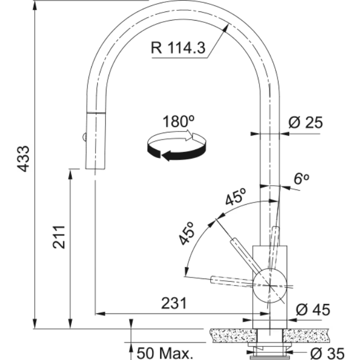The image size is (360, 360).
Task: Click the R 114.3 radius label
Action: tap(178, 48)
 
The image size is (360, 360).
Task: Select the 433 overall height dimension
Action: tap(24, 159)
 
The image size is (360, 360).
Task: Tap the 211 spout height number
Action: tap(59, 237)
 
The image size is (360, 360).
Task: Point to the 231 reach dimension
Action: tap(174, 303)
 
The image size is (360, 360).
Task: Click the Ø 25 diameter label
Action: tap(306, 122)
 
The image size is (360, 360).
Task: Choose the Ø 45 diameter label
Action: tap(313, 310)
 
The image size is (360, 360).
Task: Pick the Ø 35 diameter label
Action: tap(327, 353)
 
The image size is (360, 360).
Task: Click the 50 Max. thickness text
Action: tap(165, 353)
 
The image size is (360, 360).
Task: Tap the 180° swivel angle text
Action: tap(179, 121)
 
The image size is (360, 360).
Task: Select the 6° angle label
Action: tap(301, 179)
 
